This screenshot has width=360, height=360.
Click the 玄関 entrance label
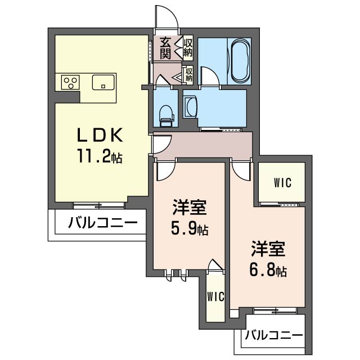point(165,47)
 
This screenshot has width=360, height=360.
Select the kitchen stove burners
point(70,83)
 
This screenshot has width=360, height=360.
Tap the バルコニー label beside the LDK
point(102,222)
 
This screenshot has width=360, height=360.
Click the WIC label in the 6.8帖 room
point(282,183)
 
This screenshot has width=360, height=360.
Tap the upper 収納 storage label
point(188,48)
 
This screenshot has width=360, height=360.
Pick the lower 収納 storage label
point(189,74)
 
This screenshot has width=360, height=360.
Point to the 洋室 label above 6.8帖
point(268,249)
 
